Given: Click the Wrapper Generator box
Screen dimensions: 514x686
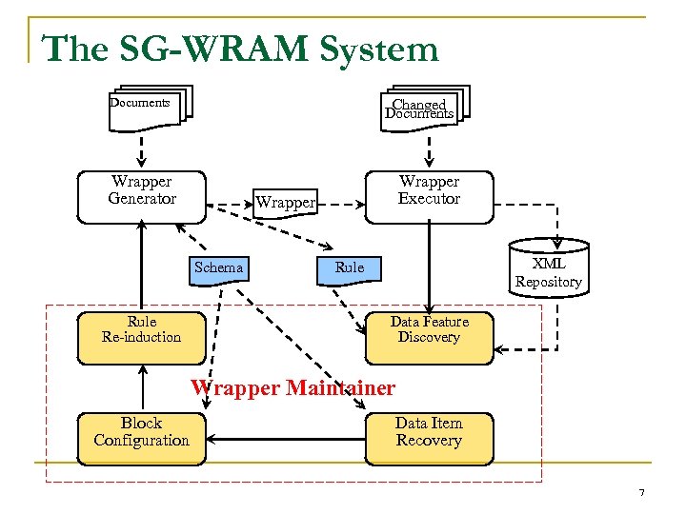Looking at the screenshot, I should tap(141, 197).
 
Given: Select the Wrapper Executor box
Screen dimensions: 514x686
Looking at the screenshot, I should tap(429, 197).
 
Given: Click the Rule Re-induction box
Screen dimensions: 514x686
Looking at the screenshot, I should tap(141, 337).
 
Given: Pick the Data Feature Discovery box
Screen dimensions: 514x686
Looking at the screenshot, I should tap(429, 337).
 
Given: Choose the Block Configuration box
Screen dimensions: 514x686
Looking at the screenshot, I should tap(141, 438).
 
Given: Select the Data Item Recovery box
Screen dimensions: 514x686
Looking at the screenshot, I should tap(429, 438).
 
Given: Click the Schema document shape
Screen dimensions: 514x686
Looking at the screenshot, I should tap(218, 268).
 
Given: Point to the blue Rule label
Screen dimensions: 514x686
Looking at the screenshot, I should tap(350, 268).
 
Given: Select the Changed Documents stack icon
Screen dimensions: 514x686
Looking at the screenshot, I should tap(421, 109).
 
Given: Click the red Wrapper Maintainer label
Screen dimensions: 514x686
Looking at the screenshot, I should tap(293, 388).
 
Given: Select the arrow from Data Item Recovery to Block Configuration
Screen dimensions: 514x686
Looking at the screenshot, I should tap(286, 439).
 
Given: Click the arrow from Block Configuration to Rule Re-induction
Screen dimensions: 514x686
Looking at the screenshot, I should tap(141, 388).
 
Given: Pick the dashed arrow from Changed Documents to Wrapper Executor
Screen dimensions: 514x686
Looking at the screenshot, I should tap(429, 149).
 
